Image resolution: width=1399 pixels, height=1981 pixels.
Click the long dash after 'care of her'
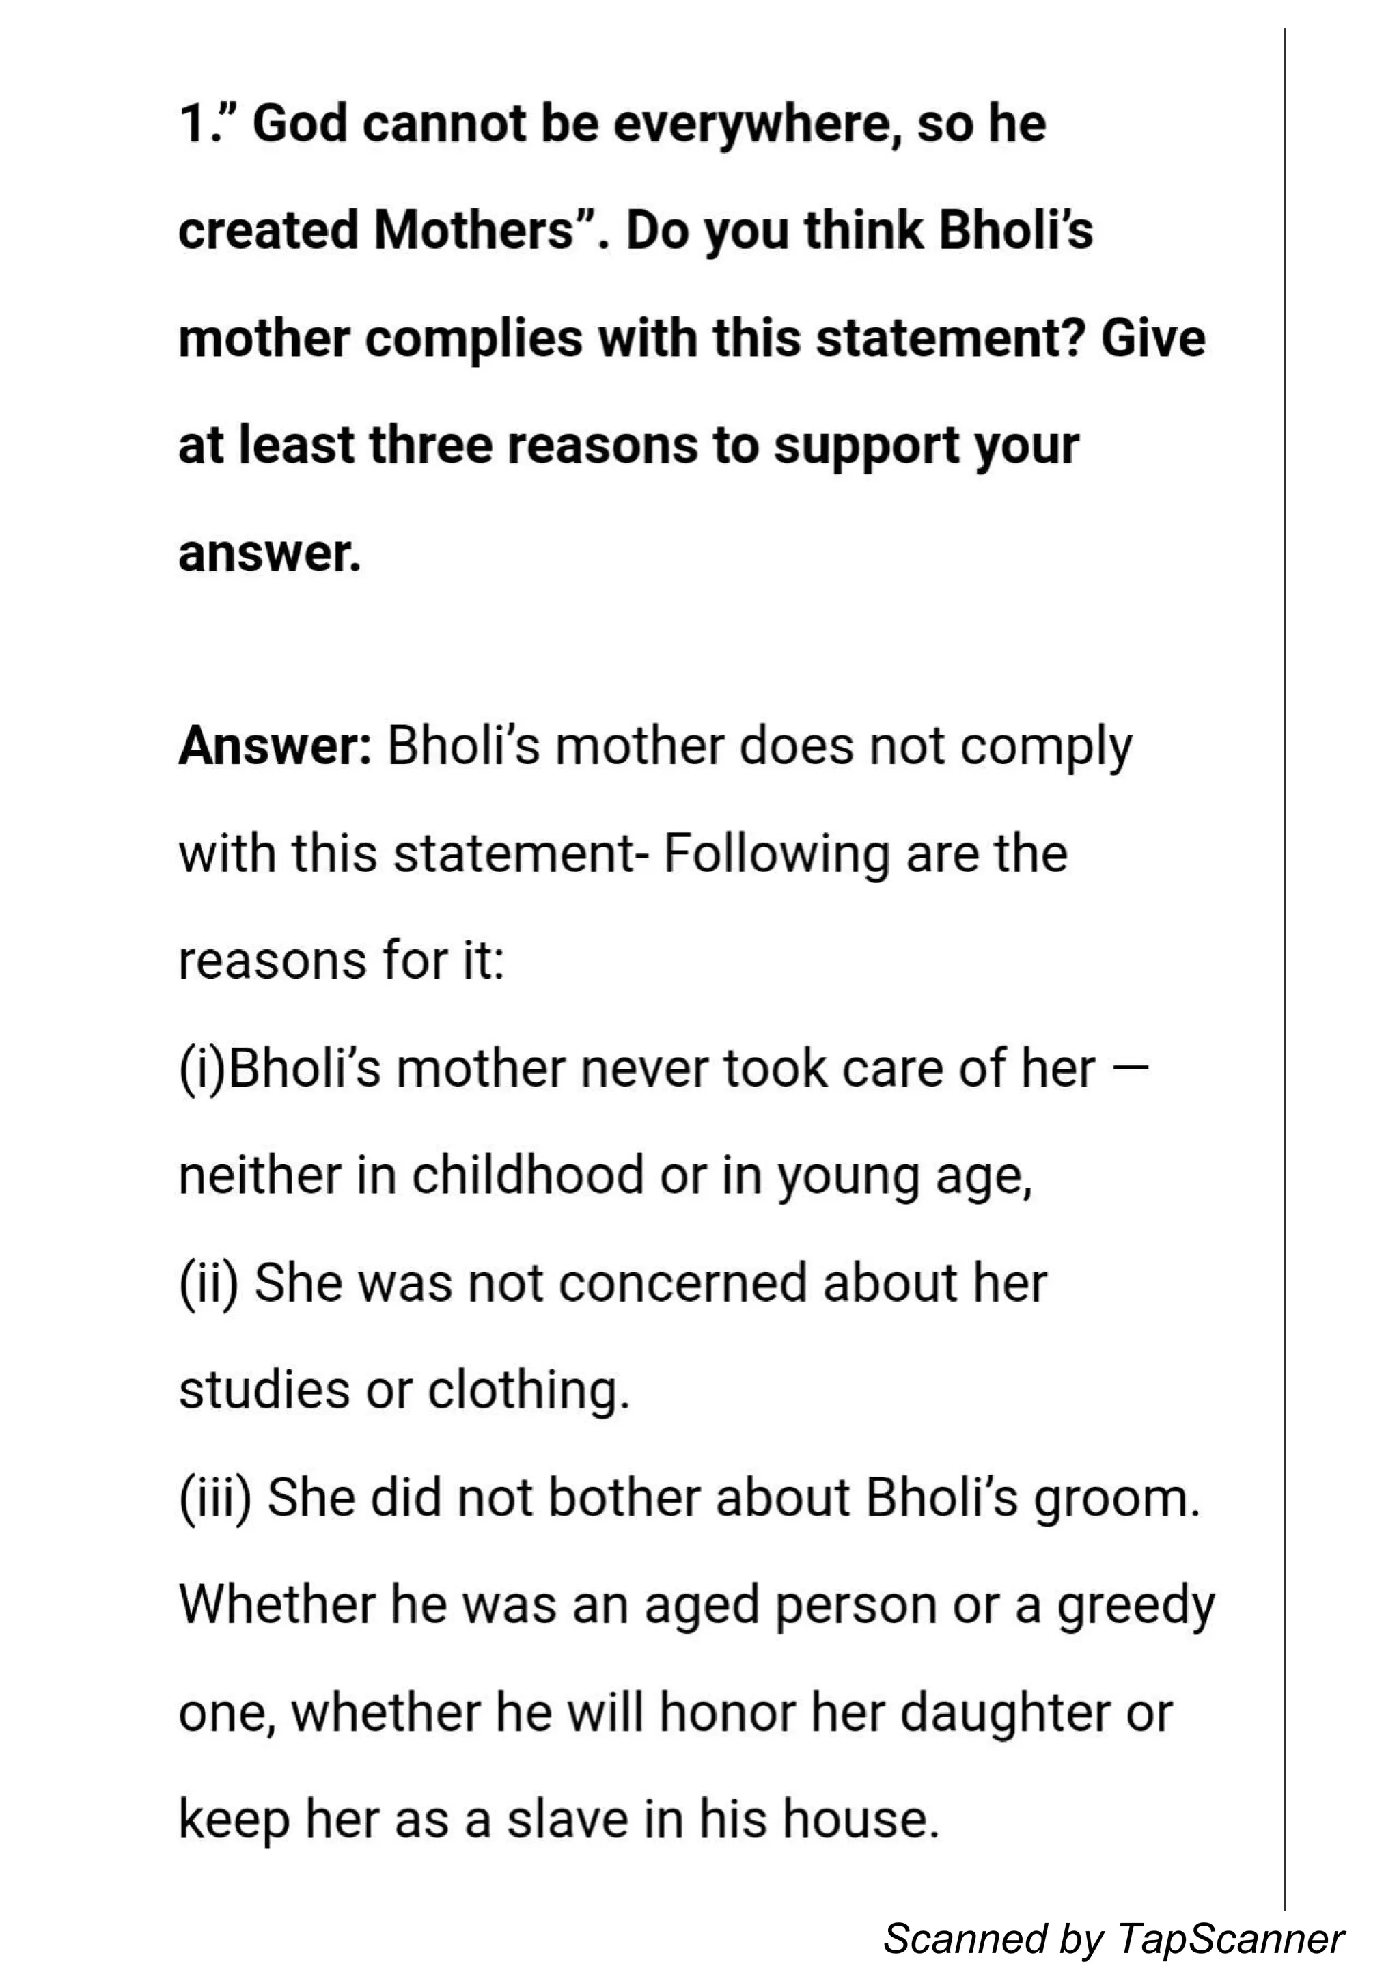coord(1137,1068)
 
